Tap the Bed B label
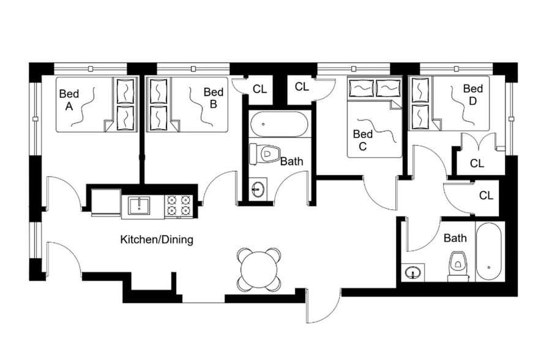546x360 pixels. (x=213, y=98)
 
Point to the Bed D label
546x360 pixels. (x=473, y=94)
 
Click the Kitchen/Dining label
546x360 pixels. (x=157, y=239)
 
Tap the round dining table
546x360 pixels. (x=260, y=270)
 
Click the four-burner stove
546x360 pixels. (x=179, y=206)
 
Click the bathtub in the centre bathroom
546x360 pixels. (x=280, y=124)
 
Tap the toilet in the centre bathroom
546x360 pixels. (x=267, y=153)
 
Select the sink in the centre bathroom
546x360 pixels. (x=258, y=189)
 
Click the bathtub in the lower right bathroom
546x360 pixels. (x=490, y=251)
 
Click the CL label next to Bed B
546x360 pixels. (x=260, y=89)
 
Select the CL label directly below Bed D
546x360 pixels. (x=477, y=163)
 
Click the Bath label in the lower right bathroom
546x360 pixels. (x=455, y=238)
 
